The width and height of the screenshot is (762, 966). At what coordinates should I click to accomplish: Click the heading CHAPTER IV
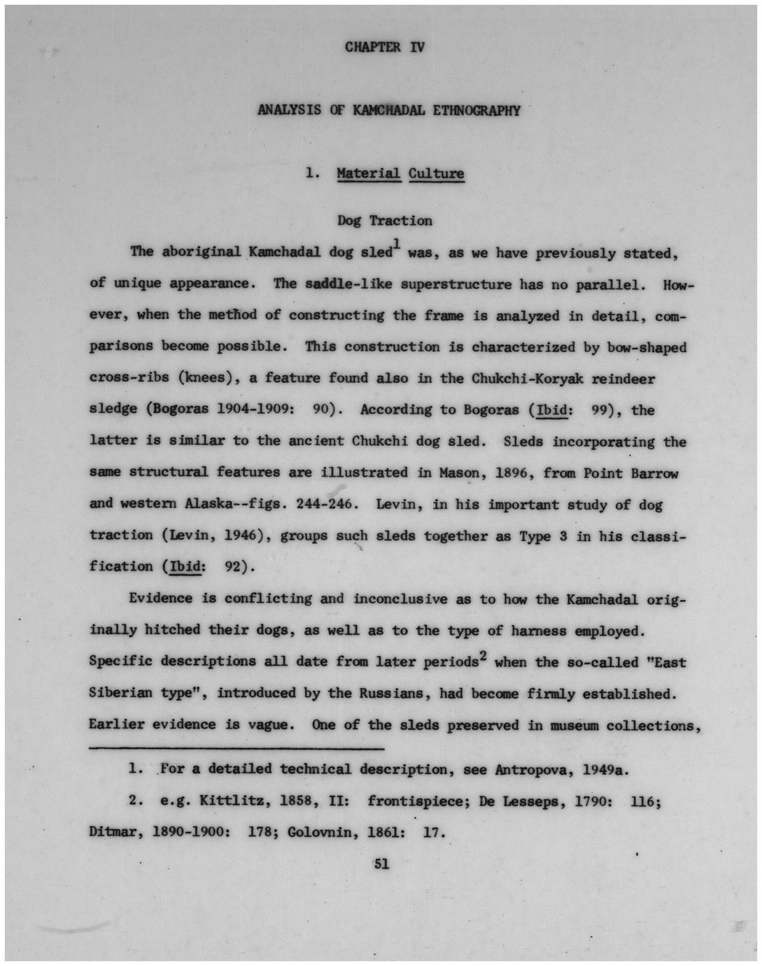click(x=384, y=48)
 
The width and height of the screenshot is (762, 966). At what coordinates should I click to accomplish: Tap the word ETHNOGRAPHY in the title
click(x=477, y=111)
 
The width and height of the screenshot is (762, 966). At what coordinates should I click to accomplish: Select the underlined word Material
click(x=369, y=174)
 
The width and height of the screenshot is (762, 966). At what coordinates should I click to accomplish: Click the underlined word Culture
click(x=436, y=174)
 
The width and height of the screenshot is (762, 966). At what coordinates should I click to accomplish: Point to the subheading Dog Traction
click(x=385, y=220)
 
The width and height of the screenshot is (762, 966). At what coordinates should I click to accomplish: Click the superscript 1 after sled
click(x=396, y=244)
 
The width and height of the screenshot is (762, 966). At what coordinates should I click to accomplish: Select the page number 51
click(x=381, y=864)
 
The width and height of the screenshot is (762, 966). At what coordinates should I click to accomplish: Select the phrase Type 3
click(x=544, y=536)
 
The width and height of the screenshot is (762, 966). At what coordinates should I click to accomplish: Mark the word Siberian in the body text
click(x=120, y=693)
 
